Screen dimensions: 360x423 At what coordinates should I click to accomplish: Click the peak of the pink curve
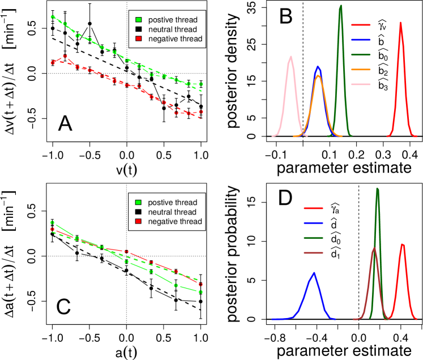click(x=290, y=57)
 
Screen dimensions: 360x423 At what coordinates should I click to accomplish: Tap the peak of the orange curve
click(x=318, y=75)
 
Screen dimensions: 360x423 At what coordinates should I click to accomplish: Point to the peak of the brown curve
click(x=374, y=248)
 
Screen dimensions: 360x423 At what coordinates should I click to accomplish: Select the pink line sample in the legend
click(x=361, y=84)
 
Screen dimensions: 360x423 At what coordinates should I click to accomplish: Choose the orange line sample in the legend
click(x=361, y=70)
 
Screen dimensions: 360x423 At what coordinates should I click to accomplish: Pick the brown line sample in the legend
click(x=313, y=253)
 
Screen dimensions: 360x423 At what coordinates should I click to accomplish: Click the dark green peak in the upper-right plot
click(x=340, y=6)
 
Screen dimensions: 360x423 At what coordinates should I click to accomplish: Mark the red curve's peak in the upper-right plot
click(x=400, y=23)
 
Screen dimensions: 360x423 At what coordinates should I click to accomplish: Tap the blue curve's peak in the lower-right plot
click(x=313, y=273)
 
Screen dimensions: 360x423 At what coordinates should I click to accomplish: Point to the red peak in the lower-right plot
click(x=402, y=245)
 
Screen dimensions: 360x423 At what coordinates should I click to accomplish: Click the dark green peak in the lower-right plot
click(x=377, y=188)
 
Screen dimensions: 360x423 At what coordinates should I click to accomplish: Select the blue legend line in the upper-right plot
click(x=361, y=40)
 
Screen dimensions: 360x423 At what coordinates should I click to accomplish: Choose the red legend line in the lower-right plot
click(x=313, y=208)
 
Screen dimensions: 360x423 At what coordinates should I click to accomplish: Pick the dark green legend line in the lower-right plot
click(x=313, y=238)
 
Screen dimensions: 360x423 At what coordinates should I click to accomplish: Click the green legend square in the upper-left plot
click(x=138, y=20)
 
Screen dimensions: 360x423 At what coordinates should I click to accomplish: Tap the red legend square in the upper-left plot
click(x=138, y=38)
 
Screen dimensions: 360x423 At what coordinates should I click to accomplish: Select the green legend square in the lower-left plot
click(x=138, y=203)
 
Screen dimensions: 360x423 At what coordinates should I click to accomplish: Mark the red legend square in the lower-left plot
click(x=138, y=221)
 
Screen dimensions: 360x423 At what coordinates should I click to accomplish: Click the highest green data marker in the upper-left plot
click(x=53, y=17)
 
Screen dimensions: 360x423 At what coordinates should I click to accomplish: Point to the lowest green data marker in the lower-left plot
click(x=200, y=292)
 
